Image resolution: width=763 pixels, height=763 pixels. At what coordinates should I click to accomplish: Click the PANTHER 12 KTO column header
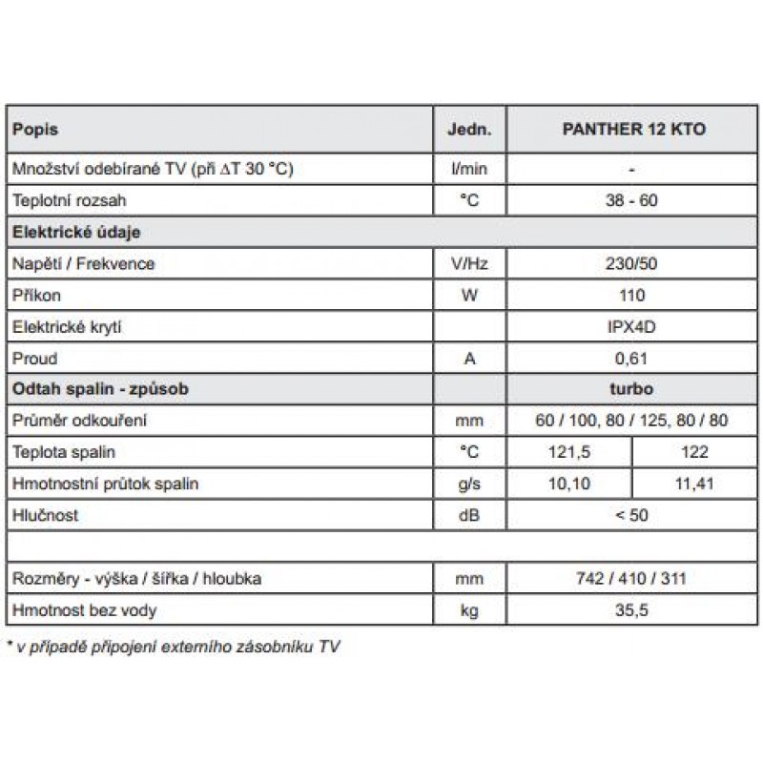pyautogui.click(x=632, y=129)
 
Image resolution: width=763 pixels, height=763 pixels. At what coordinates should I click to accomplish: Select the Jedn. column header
pyautogui.click(x=468, y=129)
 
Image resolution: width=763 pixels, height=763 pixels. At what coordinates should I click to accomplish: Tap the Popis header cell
pyautogui.click(x=35, y=129)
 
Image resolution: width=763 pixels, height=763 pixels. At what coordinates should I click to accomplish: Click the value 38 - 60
pyautogui.click(x=632, y=200)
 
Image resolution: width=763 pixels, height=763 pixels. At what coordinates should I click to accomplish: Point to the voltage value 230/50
pyautogui.click(x=632, y=263)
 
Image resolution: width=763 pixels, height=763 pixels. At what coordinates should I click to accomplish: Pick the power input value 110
pyautogui.click(x=632, y=295)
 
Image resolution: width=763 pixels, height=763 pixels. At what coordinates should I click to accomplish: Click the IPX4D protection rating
pyautogui.click(x=632, y=327)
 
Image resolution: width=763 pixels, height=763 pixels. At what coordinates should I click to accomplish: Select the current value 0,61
pyautogui.click(x=632, y=359)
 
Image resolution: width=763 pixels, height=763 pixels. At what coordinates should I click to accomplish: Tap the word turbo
pyautogui.click(x=632, y=389)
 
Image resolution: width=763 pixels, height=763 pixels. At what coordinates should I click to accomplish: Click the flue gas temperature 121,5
pyautogui.click(x=568, y=452)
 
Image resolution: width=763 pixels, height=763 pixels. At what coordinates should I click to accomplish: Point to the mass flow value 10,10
pyautogui.click(x=568, y=484)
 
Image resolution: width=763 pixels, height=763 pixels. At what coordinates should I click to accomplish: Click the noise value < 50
pyautogui.click(x=632, y=515)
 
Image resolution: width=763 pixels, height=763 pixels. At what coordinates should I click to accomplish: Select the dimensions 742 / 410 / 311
pyautogui.click(x=632, y=578)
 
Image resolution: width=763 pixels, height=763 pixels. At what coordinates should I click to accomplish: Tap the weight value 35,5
pyautogui.click(x=632, y=609)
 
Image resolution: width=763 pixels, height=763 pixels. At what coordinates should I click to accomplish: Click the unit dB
pyautogui.click(x=468, y=515)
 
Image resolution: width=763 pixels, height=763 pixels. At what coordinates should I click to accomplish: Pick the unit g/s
pyautogui.click(x=468, y=484)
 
